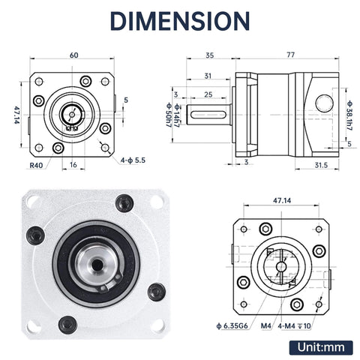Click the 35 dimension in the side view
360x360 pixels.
click(x=209, y=55)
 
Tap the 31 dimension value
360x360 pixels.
click(x=207, y=75)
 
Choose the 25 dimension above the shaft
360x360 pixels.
click(x=207, y=94)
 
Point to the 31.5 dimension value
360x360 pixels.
click(x=319, y=166)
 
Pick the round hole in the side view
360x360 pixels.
click(x=324, y=102)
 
